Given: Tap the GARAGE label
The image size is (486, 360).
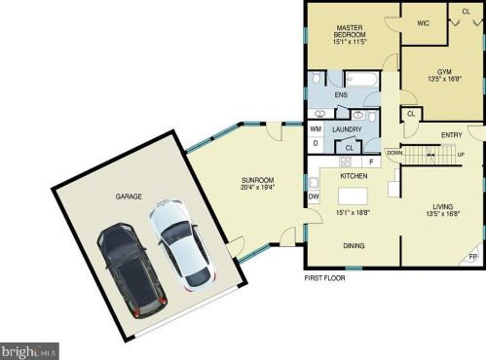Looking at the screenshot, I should (x=130, y=197).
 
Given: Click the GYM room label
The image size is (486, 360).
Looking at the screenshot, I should (x=443, y=72).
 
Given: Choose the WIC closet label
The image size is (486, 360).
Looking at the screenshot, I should (x=423, y=22).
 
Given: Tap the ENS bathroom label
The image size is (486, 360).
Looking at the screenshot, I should (x=341, y=95).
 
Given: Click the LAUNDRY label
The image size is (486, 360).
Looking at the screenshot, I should (x=347, y=128).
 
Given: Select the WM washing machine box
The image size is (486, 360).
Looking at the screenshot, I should (x=316, y=128).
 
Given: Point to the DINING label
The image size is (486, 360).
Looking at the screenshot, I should (x=354, y=246).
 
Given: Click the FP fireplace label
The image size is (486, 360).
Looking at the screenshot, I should (x=473, y=256).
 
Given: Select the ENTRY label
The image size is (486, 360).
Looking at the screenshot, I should (x=451, y=134).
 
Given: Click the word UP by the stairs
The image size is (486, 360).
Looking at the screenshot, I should (x=461, y=154).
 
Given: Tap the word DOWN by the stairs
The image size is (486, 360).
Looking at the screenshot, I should (x=394, y=153).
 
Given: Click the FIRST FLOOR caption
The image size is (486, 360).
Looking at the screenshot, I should (x=324, y=277).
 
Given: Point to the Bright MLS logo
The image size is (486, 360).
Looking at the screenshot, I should (x=29, y=348).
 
